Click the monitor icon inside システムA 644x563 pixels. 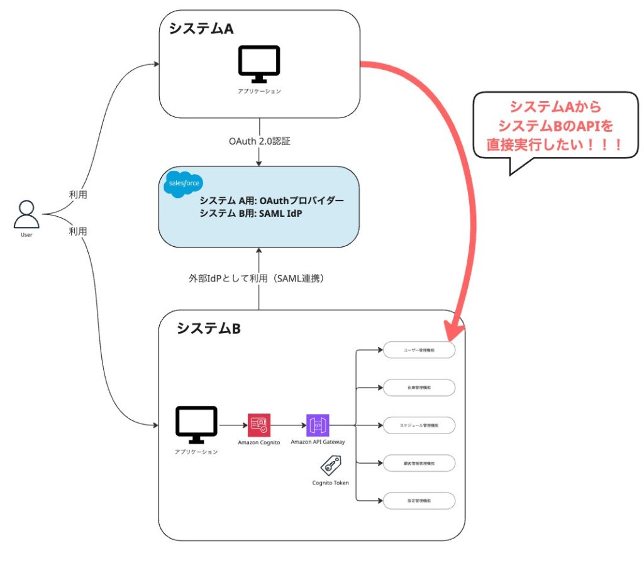coord(258,64)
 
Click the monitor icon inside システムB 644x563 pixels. coord(196,425)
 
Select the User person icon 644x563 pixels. coord(26,215)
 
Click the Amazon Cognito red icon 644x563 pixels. coord(258,425)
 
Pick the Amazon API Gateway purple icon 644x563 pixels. coord(318,425)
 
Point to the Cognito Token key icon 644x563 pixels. coord(330,466)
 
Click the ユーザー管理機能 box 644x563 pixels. coord(419,349)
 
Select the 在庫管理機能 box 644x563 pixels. coord(419,388)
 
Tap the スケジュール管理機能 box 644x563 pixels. coord(419,425)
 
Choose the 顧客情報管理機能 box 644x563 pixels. coord(419,463)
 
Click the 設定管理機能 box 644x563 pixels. coord(419,501)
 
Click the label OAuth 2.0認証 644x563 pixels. coord(260,141)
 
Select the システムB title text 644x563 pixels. coord(208,328)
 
